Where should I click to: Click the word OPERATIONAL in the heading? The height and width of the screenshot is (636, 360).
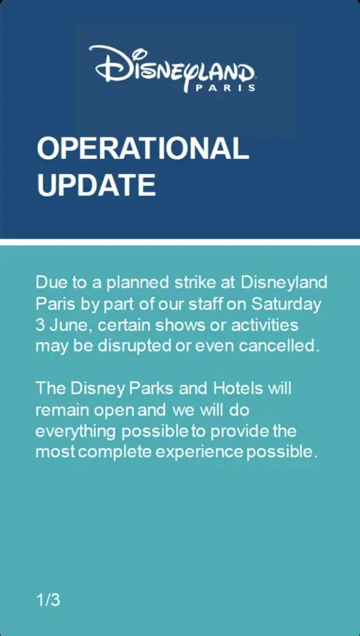pos(142,149)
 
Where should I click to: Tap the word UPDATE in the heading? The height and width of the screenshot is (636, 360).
pos(96,184)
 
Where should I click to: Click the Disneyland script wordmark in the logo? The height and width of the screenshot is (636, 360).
pos(173,66)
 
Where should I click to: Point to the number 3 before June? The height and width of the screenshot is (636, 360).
pos(40,325)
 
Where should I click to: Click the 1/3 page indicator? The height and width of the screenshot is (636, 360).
pos(48,600)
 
